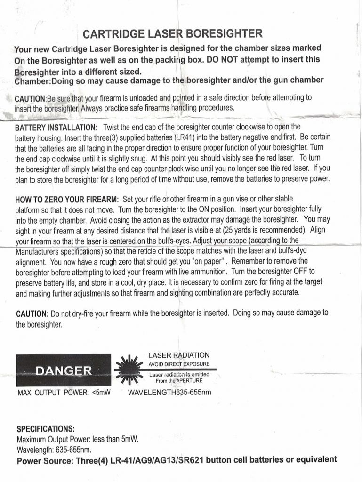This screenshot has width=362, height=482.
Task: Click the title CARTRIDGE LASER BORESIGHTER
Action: click(x=172, y=34)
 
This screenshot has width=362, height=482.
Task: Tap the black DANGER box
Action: click(x=64, y=370)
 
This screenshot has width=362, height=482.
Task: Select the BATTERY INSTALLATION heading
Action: click(x=56, y=128)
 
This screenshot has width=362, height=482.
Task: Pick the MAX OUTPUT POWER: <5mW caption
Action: click(x=64, y=392)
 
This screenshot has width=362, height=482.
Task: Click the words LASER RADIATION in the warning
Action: click(x=179, y=355)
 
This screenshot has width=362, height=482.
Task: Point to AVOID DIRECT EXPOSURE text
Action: click(x=179, y=364)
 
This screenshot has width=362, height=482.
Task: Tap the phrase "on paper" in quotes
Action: click(x=205, y=261)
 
